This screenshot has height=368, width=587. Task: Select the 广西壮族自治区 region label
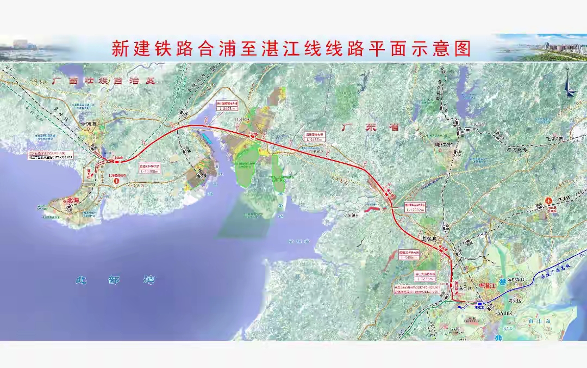pos(103,81)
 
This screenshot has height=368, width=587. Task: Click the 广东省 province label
pos(370,127)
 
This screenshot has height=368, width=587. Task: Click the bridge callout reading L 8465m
pos(228,107)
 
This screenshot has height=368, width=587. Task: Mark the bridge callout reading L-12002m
pos(415,208)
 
